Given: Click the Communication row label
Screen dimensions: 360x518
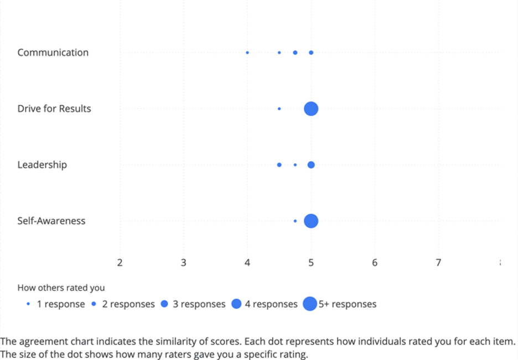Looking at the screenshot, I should click(53, 53).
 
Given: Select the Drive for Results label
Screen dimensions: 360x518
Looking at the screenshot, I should click(54, 109).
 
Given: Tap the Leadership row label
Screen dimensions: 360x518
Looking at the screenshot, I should click(42, 164).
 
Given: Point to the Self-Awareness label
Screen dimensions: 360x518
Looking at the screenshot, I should click(51, 221).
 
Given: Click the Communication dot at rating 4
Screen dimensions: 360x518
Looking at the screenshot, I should click(247, 53).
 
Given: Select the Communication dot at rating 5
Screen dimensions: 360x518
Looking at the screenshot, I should click(311, 53).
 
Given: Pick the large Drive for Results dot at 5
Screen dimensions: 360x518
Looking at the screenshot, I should click(311, 109).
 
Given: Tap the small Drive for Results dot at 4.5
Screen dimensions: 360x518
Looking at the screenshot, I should click(279, 109).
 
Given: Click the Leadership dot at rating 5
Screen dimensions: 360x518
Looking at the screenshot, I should click(311, 165).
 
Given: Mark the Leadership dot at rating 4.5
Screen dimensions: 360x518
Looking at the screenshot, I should click(279, 165).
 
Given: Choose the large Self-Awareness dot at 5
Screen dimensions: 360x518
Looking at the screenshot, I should click(311, 221).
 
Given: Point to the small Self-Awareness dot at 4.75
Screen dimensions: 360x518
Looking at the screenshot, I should click(295, 221).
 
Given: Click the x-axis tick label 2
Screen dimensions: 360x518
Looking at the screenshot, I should click(120, 263).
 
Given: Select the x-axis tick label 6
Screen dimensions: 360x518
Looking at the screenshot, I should click(375, 263).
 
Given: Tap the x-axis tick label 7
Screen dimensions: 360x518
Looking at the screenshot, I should click(438, 263).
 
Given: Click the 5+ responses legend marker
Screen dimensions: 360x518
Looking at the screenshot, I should click(310, 304).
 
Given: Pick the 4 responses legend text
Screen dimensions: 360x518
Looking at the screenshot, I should click(271, 304).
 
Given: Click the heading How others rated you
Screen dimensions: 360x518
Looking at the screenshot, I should click(61, 287).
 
